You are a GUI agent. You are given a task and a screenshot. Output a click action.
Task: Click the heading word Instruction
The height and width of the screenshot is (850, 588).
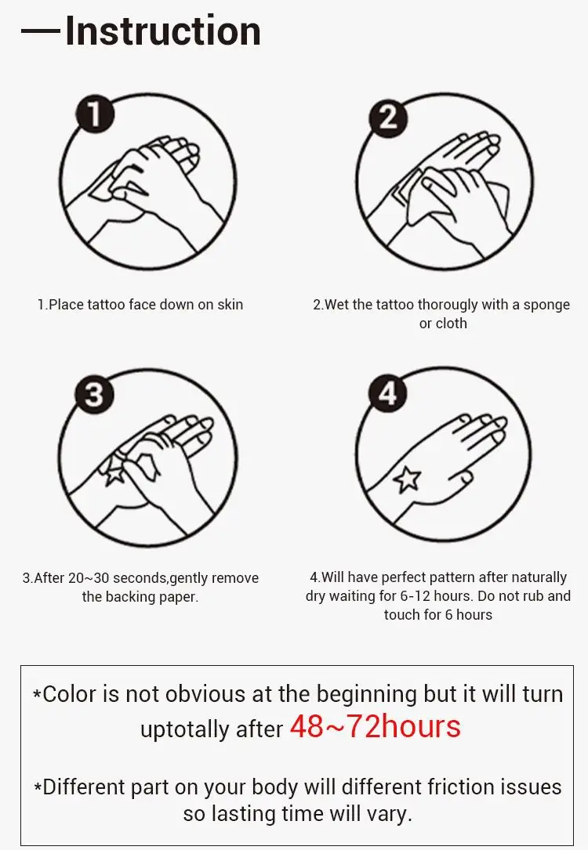pyautogui.click(x=163, y=31)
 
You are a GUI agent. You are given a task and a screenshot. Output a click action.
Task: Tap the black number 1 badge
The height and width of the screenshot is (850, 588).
pyautogui.click(x=95, y=114)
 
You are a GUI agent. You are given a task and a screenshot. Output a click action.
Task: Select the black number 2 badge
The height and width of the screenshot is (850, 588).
pyautogui.click(x=388, y=117)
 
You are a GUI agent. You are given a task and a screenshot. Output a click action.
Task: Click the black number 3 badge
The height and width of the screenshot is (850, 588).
pyautogui.click(x=94, y=394)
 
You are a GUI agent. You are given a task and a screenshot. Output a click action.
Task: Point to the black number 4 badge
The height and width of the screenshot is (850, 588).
pyautogui.click(x=388, y=392)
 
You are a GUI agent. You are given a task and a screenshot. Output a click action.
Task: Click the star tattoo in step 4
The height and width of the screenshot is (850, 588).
pyautogui.click(x=408, y=479)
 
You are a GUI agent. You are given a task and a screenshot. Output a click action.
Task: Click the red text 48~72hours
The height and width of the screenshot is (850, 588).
pyautogui.click(x=376, y=726)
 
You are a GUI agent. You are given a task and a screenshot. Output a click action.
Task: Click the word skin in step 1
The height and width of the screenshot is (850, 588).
pyautogui.click(x=230, y=305)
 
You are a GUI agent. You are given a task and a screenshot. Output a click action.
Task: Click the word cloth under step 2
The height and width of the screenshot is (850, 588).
pyautogui.click(x=452, y=324)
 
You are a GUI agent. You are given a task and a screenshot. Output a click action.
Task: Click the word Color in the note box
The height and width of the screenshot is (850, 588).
pyautogui.click(x=69, y=694)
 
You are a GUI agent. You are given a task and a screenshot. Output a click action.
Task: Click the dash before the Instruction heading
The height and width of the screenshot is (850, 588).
pyautogui.click(x=40, y=31)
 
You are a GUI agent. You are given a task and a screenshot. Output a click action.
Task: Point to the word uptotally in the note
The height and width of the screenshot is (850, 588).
pyautogui.click(x=184, y=729)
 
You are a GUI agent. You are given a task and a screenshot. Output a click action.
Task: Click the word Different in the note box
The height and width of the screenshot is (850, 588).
pyautogui.click(x=84, y=787)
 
